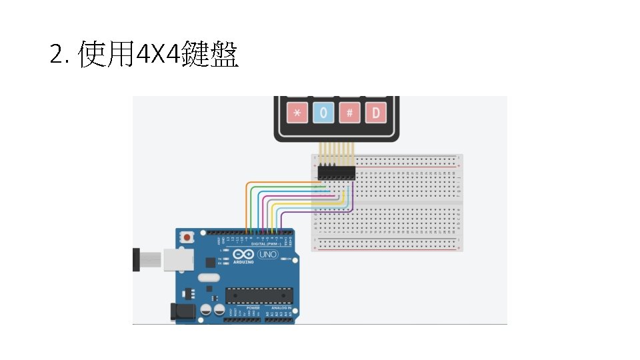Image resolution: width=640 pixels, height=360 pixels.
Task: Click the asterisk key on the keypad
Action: click(x=297, y=113)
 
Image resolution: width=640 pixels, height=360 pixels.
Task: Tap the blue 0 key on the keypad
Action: click(x=323, y=113)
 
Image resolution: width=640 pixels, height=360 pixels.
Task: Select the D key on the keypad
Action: click(x=375, y=113)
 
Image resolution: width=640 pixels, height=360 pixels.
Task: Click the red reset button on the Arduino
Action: click(x=189, y=237)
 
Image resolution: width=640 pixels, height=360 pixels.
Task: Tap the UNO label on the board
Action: click(x=267, y=255)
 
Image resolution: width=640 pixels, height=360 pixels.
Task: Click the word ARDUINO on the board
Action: click(x=243, y=262)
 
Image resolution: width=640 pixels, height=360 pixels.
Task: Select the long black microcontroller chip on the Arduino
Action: click(x=259, y=294)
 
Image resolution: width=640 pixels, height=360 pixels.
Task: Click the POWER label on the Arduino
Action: click(x=253, y=307)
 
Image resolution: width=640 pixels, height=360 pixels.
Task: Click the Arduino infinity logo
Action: click(x=243, y=255)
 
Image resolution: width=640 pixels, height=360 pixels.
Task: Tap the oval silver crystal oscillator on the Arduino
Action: click(x=208, y=278)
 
